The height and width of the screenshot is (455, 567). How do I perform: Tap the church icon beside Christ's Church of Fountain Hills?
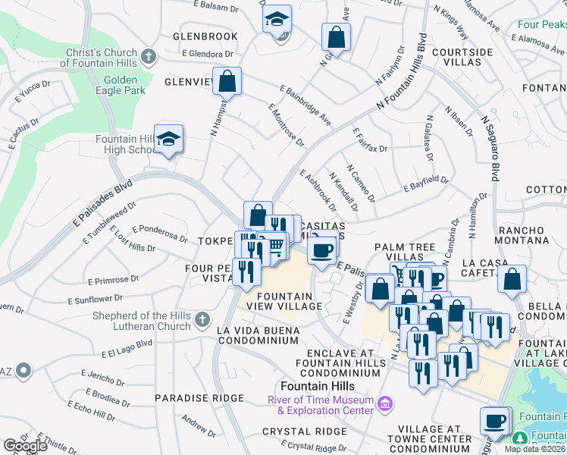[x=149, y=56]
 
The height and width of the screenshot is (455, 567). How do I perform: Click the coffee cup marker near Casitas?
[x=323, y=249]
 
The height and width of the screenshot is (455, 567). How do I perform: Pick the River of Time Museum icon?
[x=384, y=405]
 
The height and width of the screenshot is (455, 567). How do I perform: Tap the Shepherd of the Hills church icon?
[x=202, y=320]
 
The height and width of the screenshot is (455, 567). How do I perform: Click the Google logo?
[x=24, y=446]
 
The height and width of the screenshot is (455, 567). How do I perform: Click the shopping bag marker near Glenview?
[x=227, y=80]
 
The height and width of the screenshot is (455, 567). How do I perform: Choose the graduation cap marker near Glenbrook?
[x=277, y=19]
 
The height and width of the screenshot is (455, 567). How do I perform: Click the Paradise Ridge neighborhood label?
[x=189, y=397]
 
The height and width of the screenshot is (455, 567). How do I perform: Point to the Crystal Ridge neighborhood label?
[x=304, y=431]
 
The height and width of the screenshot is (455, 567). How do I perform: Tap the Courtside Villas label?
[x=462, y=58]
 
